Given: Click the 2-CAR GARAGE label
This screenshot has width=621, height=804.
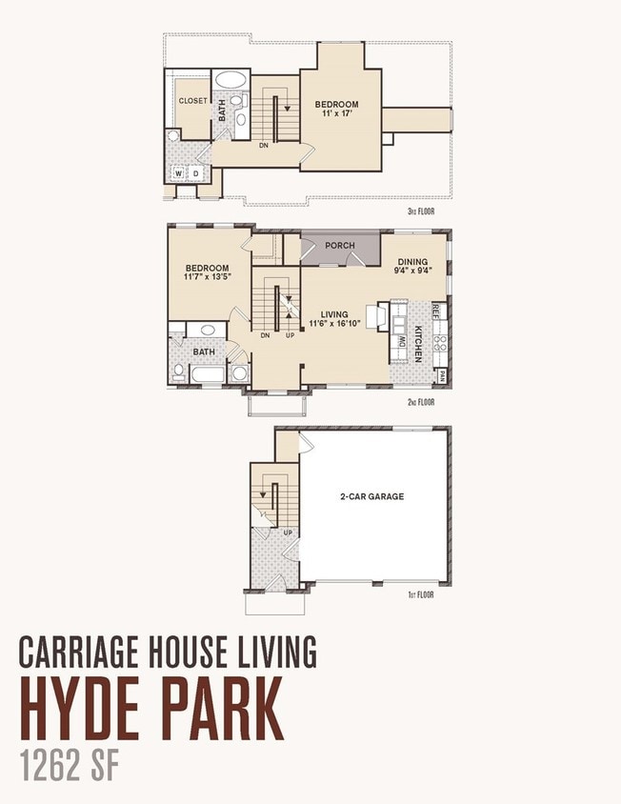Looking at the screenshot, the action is (372, 496).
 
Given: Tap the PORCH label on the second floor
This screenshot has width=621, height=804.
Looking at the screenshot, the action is (340, 246).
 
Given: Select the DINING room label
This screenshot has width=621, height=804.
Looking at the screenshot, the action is (412, 262).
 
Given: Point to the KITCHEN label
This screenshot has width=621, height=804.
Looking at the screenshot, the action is (418, 344).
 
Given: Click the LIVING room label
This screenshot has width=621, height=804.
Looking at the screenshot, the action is (334, 314).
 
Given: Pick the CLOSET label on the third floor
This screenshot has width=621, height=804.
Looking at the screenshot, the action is (192, 101).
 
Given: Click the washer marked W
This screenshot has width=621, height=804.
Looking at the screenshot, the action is (178, 173).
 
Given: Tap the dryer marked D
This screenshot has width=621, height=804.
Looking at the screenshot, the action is (196, 173).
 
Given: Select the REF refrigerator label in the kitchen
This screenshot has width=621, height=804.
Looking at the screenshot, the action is (436, 311).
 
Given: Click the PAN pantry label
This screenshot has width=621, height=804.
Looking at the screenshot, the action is (442, 377).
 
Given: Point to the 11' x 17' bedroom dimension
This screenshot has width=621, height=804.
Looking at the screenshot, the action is (336, 113).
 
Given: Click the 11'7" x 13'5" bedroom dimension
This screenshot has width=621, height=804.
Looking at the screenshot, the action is (208, 277).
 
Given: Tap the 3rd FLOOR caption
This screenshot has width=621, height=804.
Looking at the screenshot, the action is (421, 211).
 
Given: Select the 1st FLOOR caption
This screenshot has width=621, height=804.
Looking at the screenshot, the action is (421, 594).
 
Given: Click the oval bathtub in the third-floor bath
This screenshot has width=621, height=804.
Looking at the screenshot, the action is (230, 79).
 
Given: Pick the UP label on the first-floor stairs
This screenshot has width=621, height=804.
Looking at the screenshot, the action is (289, 533).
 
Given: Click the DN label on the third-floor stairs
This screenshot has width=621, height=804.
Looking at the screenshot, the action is (264, 146).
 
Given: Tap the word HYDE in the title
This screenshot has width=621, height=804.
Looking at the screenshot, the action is (89, 709).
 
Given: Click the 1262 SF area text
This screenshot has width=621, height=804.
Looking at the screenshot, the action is (70, 766).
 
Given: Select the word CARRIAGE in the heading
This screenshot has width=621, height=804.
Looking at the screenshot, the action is (79, 652).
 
